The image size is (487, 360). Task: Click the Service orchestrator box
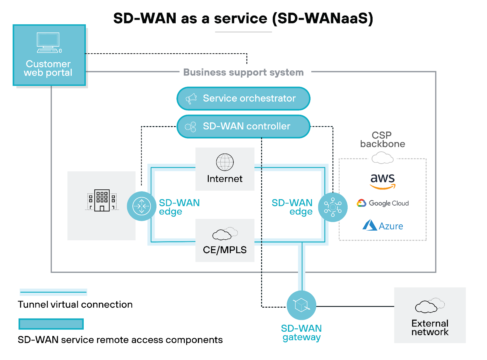click(x=243, y=98)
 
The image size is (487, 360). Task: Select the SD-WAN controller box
click(x=243, y=126)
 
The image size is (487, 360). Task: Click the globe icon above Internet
click(x=225, y=162)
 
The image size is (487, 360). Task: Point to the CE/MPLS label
click(x=225, y=250)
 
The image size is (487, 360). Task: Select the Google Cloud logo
click(x=383, y=203)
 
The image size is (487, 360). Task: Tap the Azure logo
click(x=383, y=226)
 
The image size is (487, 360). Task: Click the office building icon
click(x=102, y=200)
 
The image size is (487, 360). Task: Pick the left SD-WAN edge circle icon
click(x=142, y=206)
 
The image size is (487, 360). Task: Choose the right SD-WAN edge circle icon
click(x=333, y=207)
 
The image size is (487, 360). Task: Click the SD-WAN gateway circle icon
click(x=301, y=305)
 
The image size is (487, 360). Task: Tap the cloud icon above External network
click(x=429, y=305)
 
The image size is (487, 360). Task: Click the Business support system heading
click(x=243, y=72)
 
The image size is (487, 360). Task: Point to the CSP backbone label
click(x=382, y=139)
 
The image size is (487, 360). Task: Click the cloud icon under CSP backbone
click(x=383, y=158)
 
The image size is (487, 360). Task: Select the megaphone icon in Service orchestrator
click(x=191, y=99)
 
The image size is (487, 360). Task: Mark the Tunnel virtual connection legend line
click(x=54, y=292)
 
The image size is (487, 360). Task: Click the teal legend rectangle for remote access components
click(x=51, y=324)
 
